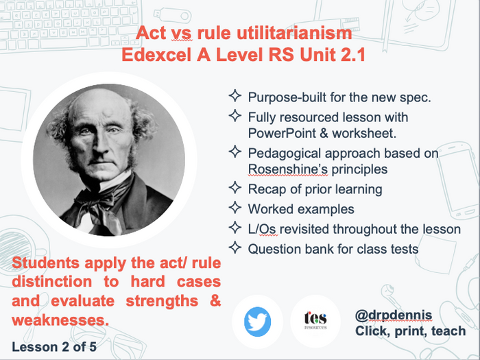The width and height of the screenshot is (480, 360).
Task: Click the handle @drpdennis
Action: click(x=394, y=315)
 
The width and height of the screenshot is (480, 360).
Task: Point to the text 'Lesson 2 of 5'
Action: click(x=54, y=346)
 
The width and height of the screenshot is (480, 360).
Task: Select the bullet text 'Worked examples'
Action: click(x=301, y=208)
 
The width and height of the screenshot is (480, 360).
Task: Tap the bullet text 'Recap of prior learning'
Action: click(x=315, y=189)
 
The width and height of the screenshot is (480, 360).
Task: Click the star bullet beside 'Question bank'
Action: click(x=235, y=248)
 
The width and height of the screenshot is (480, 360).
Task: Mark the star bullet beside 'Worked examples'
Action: click(x=235, y=208)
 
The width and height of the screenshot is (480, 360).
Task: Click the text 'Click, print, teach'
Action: click(x=410, y=331)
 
